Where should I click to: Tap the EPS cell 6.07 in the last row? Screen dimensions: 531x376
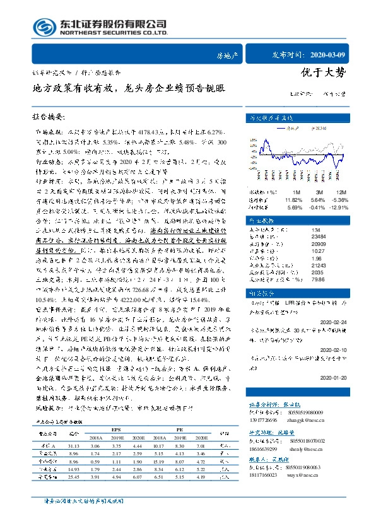(x=137, y=478)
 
